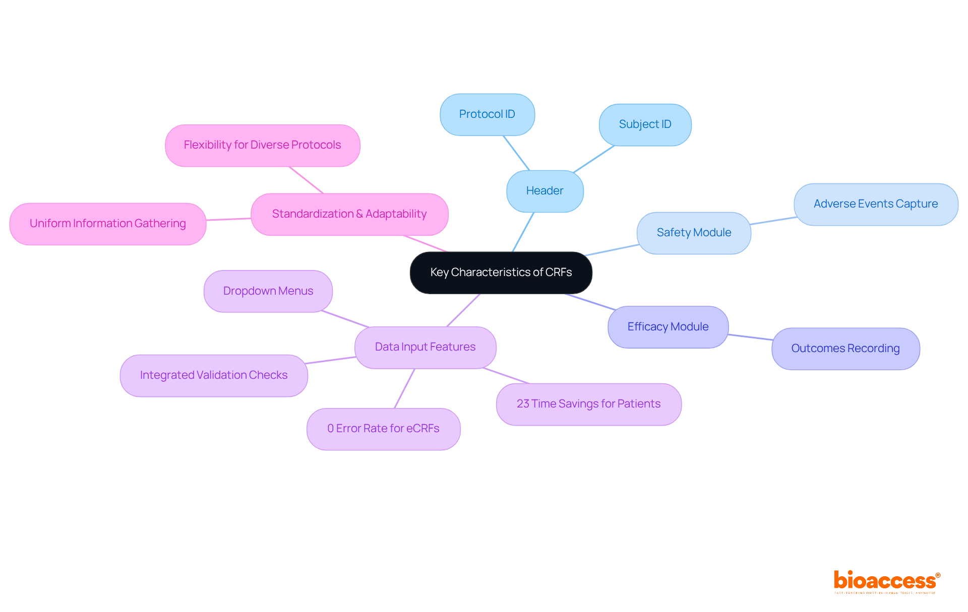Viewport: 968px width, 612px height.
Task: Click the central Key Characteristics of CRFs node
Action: [501, 273]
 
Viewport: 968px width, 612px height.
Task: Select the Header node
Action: [544, 191]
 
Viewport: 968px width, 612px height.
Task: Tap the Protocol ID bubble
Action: [487, 114]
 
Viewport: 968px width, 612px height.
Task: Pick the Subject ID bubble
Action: [645, 124]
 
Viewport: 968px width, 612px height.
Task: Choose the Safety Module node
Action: [694, 233]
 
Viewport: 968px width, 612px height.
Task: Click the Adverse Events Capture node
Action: [875, 204]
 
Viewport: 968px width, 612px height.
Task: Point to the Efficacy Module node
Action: [668, 327]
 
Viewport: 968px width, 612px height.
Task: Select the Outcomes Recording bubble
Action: [845, 349]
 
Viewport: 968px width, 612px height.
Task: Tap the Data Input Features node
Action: [425, 347]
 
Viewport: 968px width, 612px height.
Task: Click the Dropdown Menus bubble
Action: [268, 291]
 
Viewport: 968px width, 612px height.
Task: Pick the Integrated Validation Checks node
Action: [214, 375]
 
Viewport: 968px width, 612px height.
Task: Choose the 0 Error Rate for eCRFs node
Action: [383, 429]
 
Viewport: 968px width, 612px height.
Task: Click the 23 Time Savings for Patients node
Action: [588, 404]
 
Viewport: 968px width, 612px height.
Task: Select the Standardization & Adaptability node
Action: [349, 214]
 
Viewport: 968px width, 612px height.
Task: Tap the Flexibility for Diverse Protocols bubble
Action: [262, 145]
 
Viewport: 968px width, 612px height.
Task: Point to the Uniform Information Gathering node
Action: [107, 224]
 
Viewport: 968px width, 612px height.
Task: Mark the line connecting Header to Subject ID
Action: [594, 159]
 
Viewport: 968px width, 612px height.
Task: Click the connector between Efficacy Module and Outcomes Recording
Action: [750, 337]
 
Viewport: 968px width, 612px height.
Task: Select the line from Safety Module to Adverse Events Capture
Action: [773, 221]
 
